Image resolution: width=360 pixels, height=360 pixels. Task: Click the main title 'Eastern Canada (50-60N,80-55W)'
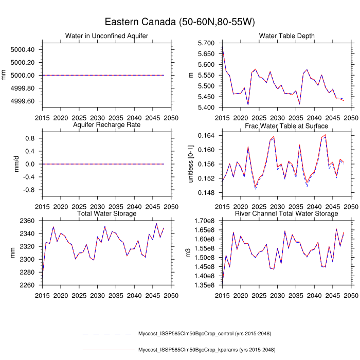180,22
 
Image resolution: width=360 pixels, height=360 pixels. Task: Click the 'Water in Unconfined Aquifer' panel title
107,35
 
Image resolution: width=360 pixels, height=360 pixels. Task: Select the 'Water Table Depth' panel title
287,35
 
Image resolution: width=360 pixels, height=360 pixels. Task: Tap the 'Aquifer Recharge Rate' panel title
107,124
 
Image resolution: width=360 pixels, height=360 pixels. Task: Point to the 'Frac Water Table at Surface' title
287,124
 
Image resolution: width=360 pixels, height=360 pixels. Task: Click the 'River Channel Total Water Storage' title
287,213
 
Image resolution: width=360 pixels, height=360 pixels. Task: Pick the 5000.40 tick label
22,50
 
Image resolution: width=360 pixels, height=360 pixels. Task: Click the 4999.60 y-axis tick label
22,101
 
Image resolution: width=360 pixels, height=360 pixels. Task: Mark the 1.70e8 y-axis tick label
205,221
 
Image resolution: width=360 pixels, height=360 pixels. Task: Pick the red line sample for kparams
108,350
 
